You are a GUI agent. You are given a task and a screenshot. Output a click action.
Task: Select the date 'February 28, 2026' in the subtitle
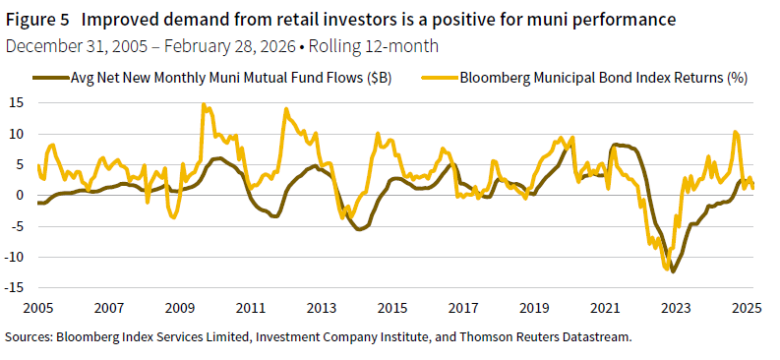pos(222,44)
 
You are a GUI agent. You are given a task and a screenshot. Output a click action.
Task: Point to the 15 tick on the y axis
pos(17,102)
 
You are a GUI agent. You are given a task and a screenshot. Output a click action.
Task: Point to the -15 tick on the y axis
pos(15,287)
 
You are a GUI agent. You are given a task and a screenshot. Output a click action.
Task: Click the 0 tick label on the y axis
pos(20,195)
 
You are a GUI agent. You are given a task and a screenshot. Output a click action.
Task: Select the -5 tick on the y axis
pos(17,225)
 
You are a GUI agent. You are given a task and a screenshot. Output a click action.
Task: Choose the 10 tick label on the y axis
pos(17,133)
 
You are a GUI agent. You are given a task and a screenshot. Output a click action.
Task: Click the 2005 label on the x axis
pos(37,308)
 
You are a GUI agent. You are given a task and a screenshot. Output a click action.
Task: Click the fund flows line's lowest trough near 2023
pos(674,270)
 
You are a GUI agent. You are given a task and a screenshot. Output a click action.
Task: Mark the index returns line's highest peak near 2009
pos(204,104)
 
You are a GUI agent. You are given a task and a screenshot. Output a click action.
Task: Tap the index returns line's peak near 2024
pos(734,132)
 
